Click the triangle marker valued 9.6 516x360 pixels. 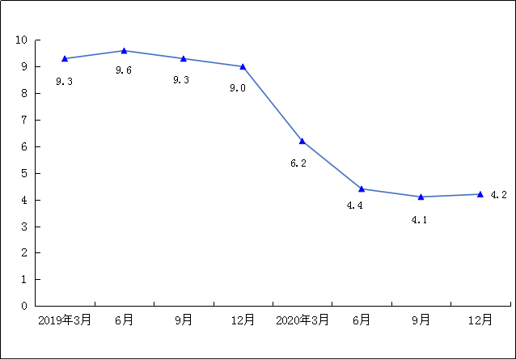[x=124, y=51]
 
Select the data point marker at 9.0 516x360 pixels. [x=243, y=66]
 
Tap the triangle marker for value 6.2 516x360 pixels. [x=302, y=141]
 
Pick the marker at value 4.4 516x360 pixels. [x=362, y=188]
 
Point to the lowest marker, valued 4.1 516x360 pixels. [x=421, y=197]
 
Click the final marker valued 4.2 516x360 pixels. [x=480, y=194]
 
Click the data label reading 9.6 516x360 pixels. [x=124, y=70]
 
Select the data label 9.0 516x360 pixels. [x=238, y=87]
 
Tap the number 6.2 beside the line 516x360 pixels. [x=298, y=163]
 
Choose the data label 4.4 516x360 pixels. [x=354, y=205]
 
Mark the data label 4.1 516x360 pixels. [x=419, y=219]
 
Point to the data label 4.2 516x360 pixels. [x=498, y=195]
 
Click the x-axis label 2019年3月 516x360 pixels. [x=65, y=320]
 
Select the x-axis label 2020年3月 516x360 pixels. [x=302, y=320]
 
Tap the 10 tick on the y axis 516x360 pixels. [x=21, y=40]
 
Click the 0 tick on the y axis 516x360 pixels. [x=24, y=306]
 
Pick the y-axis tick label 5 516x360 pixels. [x=24, y=173]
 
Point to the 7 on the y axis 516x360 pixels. [x=24, y=120]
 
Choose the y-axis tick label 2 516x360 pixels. [x=24, y=252]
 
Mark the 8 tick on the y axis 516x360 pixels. [x=24, y=93]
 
